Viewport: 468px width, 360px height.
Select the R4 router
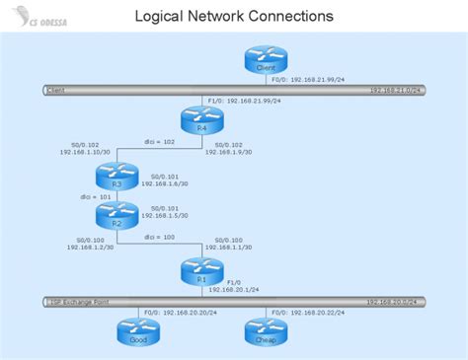(x=200, y=120)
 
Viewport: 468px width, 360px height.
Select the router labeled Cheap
(x=265, y=330)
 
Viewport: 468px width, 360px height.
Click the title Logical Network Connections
(x=233, y=16)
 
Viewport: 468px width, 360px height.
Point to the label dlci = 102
(x=160, y=141)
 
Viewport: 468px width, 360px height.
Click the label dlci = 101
(x=95, y=196)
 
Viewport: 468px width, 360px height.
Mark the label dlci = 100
(x=158, y=237)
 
